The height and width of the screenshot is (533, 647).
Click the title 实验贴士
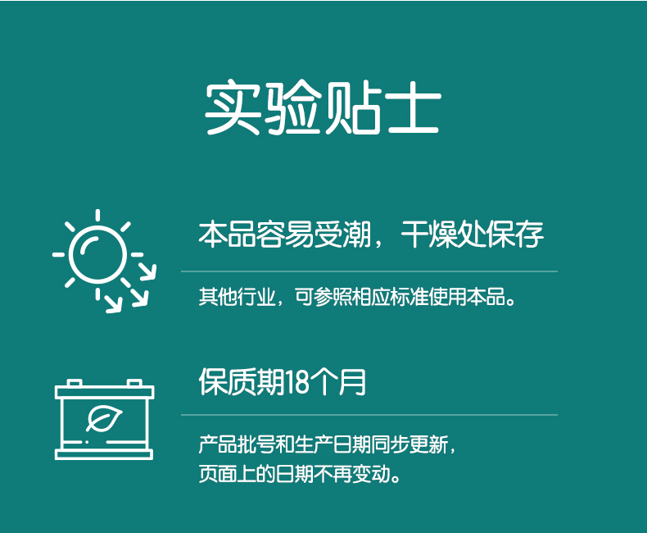(x=323, y=107)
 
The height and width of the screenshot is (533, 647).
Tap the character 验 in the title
(x=293, y=107)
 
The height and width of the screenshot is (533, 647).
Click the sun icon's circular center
(x=97, y=254)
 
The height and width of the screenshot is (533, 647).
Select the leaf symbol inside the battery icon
(x=104, y=418)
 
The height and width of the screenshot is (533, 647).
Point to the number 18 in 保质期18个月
(x=296, y=382)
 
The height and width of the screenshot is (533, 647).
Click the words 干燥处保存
(x=472, y=234)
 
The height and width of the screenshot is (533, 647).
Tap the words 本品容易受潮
(x=284, y=234)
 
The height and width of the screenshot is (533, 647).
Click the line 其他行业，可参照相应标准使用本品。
(x=357, y=297)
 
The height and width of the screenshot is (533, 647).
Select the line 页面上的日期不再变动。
(x=300, y=473)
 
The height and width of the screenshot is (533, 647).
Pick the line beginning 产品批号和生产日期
(x=328, y=444)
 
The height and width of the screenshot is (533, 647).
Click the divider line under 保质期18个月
(x=369, y=414)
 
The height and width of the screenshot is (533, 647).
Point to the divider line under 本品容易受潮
(x=369, y=271)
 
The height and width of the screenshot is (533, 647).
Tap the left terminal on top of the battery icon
(x=74, y=383)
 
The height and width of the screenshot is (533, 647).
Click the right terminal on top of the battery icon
(x=134, y=383)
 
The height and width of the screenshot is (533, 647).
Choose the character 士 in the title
(x=414, y=107)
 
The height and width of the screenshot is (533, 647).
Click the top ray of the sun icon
(x=97, y=216)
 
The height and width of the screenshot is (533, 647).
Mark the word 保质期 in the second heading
(x=242, y=382)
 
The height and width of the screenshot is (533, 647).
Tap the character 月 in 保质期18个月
(x=353, y=382)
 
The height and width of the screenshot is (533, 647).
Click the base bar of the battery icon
(x=104, y=455)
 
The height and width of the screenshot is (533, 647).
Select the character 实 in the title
(x=233, y=107)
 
